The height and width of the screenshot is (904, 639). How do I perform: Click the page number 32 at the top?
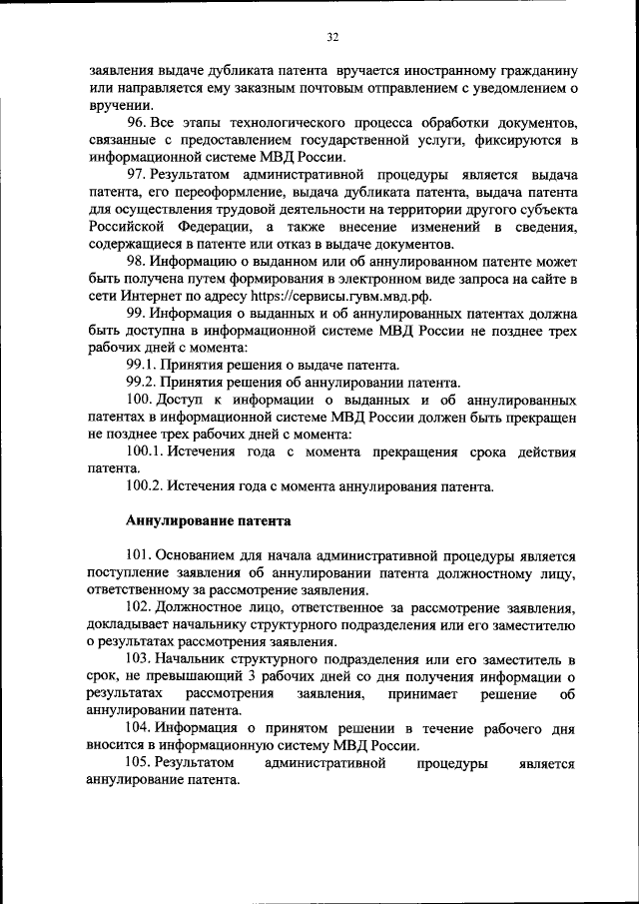(332, 37)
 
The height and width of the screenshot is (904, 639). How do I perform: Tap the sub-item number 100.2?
(147, 486)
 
